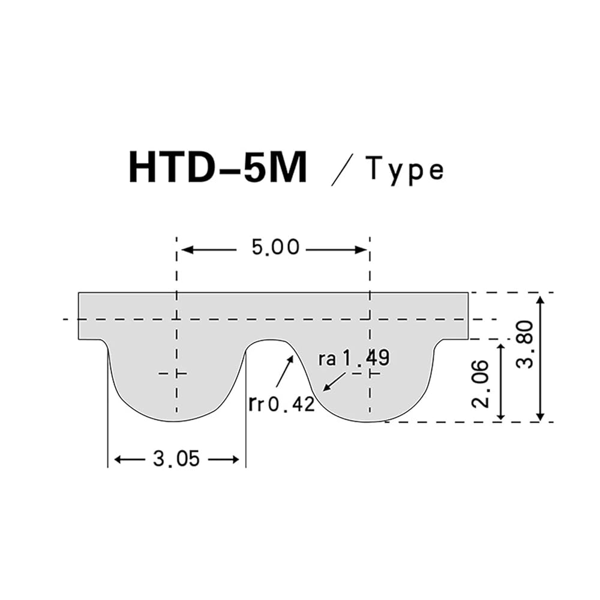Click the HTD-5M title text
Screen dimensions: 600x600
coord(218,167)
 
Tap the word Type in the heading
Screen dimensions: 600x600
coord(404,170)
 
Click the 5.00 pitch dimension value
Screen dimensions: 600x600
coord(275,247)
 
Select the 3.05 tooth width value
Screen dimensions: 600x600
coord(176,458)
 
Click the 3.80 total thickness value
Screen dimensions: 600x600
coord(524,344)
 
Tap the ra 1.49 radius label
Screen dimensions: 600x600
coord(353,358)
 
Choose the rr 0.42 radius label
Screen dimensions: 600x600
coord(281,404)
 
